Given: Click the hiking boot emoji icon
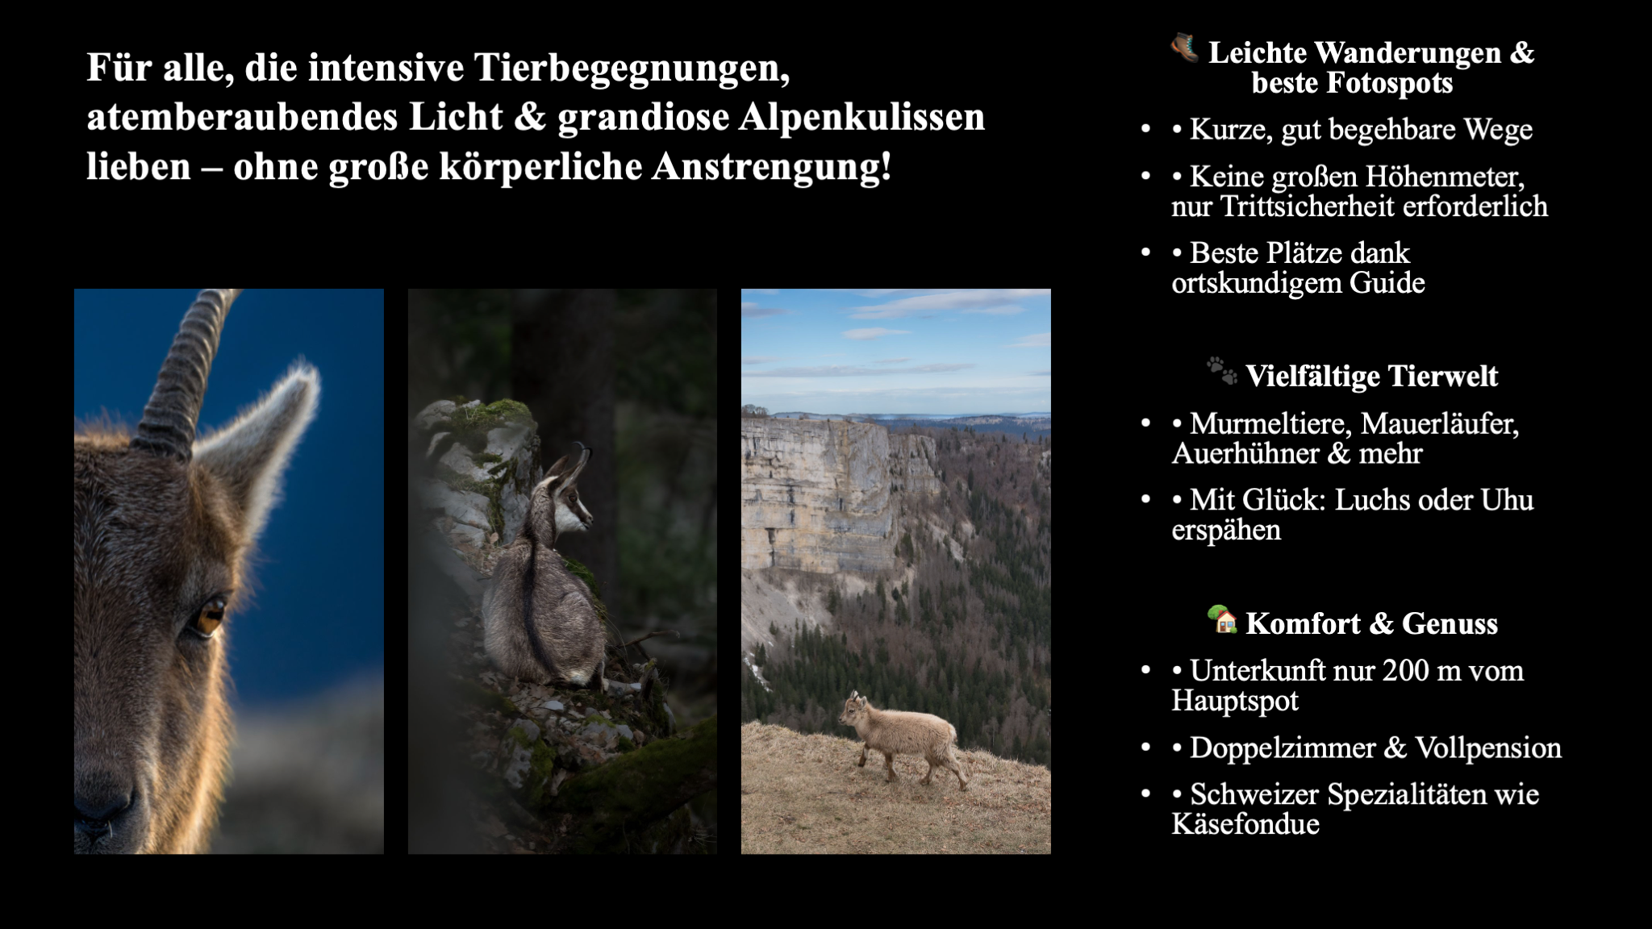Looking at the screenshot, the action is pos(1184,48).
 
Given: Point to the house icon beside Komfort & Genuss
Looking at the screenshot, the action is pos(1222,619).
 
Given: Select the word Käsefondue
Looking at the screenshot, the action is pos(1245,823).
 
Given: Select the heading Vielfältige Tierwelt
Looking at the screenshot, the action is pos(1371,376).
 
